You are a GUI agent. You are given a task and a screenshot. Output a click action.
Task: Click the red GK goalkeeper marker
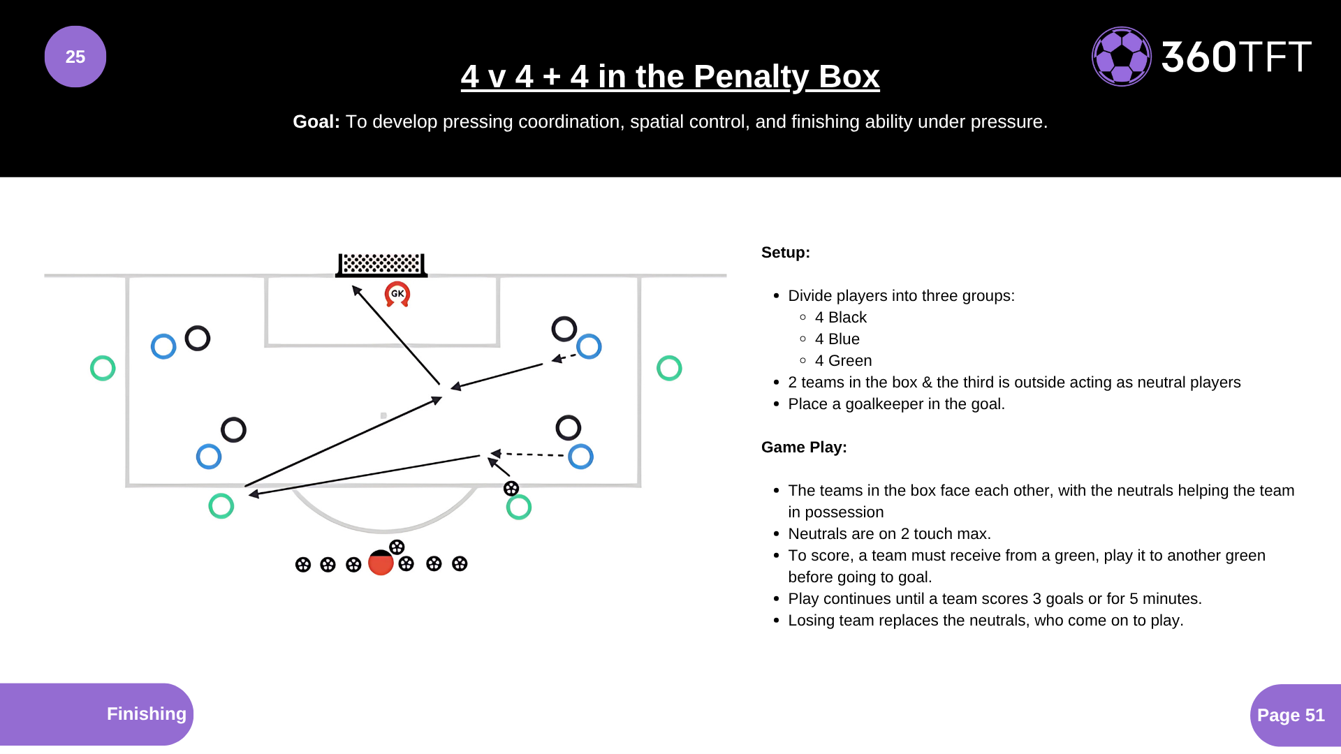point(397,294)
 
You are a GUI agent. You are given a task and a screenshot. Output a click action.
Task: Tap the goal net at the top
point(381,264)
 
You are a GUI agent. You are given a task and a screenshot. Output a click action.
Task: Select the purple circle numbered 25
point(75,57)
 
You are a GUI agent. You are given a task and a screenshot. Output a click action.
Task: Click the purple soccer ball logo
point(1121,57)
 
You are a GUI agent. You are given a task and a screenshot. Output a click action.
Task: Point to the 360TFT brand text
point(1236,57)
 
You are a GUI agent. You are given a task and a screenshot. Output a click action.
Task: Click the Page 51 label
point(1291,715)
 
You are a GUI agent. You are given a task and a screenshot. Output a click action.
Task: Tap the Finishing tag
point(146,714)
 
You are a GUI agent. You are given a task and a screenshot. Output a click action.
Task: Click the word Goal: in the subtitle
point(316,121)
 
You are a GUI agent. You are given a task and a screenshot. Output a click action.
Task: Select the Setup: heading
point(785,253)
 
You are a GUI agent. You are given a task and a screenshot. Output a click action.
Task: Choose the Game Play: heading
point(803,448)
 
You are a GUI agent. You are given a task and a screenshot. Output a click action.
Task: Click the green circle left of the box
point(103,368)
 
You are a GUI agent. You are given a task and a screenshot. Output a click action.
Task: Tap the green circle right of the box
point(669,368)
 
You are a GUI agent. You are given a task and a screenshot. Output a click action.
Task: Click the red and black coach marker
point(381,563)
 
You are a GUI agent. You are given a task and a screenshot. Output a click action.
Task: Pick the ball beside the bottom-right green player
point(511,488)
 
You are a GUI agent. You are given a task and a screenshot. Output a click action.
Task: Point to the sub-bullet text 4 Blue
point(837,339)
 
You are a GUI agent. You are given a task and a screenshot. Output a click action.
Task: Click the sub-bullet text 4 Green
point(843,361)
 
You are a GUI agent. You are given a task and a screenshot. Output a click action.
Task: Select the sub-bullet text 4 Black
point(840,318)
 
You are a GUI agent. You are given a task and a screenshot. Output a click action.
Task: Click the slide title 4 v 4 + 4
point(670,76)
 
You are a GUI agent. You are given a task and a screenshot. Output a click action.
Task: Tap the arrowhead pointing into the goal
point(356,290)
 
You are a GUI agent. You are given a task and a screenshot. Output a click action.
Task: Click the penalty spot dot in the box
point(383,415)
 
